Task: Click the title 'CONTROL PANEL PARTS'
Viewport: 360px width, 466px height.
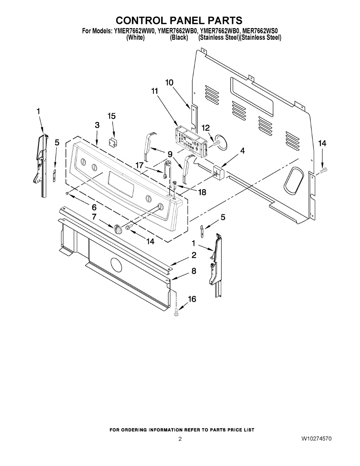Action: (179, 20)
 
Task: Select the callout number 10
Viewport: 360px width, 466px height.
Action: (169, 83)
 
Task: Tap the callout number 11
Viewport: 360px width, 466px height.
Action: (154, 91)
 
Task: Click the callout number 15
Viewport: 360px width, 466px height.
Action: (111, 116)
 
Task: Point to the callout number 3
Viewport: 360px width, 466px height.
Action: (97, 125)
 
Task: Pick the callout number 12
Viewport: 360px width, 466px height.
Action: (205, 128)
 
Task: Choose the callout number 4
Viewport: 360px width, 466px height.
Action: (242, 151)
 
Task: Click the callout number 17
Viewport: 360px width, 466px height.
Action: (139, 165)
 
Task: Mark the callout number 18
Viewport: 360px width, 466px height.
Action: (202, 192)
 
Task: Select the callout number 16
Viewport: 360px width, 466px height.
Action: (192, 299)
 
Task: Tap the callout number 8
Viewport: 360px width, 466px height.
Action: (194, 271)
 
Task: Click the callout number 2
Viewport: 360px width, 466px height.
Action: (194, 255)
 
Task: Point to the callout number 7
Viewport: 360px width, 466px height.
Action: (94, 217)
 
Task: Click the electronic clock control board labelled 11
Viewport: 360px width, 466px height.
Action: (191, 142)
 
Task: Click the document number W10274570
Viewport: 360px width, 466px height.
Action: (317, 439)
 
